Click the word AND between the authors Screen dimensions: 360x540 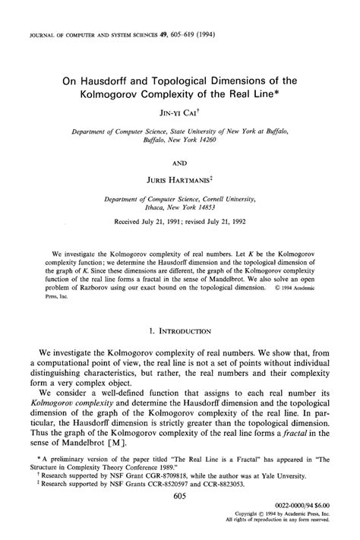click(180, 160)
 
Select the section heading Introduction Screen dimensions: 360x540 click(185, 331)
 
